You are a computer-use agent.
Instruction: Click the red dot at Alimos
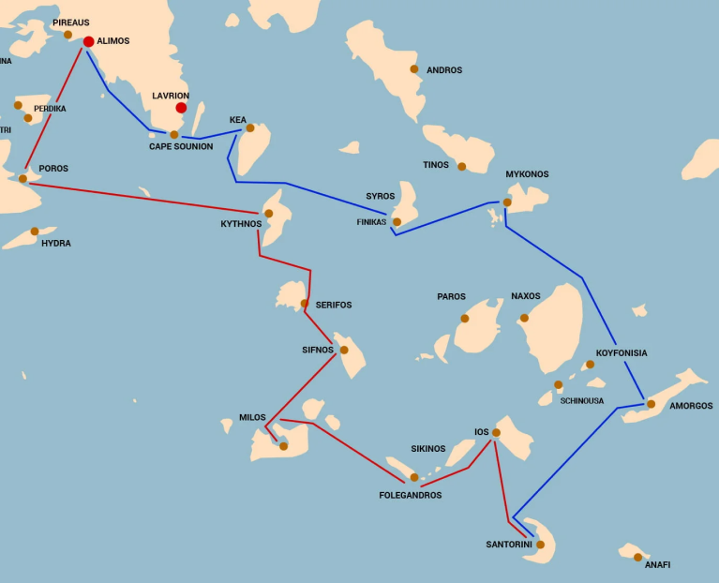(x=88, y=41)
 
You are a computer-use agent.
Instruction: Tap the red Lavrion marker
(x=181, y=108)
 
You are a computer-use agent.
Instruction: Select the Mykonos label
(x=527, y=174)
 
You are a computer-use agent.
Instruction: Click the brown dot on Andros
(x=414, y=68)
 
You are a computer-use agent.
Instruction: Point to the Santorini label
(x=509, y=545)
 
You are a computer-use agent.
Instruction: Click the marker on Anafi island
(x=638, y=557)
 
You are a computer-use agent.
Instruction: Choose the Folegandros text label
(x=410, y=495)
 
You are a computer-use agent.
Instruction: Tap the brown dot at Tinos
(x=461, y=167)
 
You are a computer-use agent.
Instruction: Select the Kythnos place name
(x=241, y=224)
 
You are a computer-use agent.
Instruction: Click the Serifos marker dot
(x=304, y=304)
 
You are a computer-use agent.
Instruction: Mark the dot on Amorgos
(x=651, y=404)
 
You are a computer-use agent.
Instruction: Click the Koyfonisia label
(x=622, y=353)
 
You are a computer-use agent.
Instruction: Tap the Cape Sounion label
(x=181, y=146)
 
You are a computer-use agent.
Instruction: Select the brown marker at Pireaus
(x=67, y=35)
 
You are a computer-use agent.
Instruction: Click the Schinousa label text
(x=582, y=401)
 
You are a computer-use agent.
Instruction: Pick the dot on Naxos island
(x=524, y=318)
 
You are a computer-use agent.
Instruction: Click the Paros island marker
(x=464, y=319)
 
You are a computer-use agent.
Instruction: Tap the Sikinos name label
(x=428, y=449)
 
